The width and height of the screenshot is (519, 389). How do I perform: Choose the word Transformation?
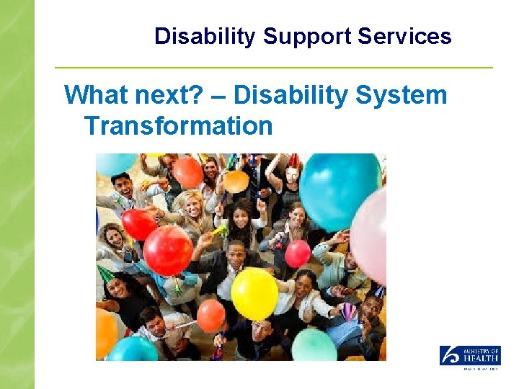178,126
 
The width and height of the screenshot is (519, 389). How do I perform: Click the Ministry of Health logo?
470,356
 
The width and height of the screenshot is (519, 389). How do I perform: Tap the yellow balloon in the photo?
254,293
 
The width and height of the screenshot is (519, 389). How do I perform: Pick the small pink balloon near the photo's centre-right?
298,254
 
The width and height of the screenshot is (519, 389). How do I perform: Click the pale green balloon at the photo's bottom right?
314,346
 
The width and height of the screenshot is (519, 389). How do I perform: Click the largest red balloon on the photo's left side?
167,250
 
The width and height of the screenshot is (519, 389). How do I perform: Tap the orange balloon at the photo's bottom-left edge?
105,331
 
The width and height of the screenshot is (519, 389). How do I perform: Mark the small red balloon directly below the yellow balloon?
211,316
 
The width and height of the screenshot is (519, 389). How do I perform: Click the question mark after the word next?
213,94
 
